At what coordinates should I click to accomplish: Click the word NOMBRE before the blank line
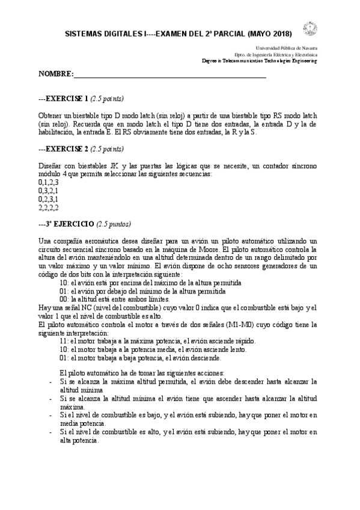click(55, 74)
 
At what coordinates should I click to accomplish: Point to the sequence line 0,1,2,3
click(48, 181)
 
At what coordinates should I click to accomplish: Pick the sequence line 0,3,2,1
click(48, 189)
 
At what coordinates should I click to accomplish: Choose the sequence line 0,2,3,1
click(48, 198)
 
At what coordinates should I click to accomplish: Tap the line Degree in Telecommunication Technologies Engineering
click(259, 61)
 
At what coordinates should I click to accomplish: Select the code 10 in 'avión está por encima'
click(64, 281)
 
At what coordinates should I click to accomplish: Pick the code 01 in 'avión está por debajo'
click(64, 290)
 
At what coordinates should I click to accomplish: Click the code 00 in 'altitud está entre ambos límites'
click(64, 298)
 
